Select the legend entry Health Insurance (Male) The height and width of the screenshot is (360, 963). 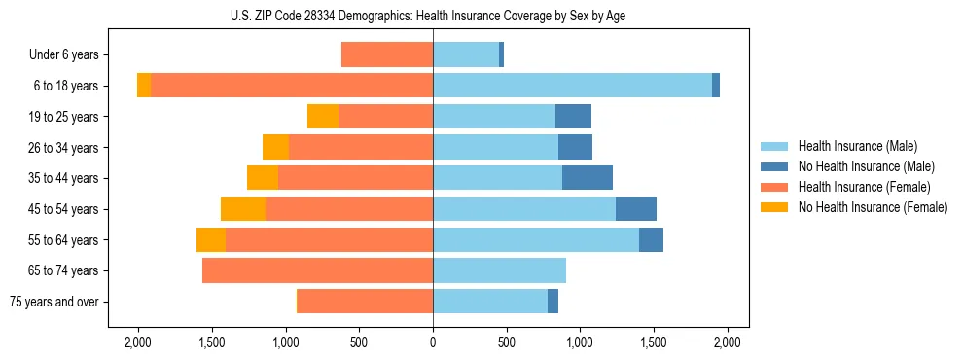tap(856, 146)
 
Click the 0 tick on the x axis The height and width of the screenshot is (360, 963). tap(433, 342)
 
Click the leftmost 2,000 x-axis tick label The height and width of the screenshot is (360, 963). tap(137, 342)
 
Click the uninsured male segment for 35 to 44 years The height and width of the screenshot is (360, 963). tap(588, 178)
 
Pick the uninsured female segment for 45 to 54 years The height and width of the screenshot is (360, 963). tap(243, 209)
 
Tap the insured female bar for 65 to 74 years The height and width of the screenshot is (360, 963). tap(317, 270)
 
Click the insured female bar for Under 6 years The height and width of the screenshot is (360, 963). tap(387, 55)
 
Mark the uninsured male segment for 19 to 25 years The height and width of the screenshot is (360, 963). tap(573, 117)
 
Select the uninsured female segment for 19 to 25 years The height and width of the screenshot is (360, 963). tap(323, 117)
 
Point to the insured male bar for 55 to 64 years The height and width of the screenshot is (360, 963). tap(536, 240)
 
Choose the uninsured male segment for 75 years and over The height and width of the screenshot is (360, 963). tap(553, 302)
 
